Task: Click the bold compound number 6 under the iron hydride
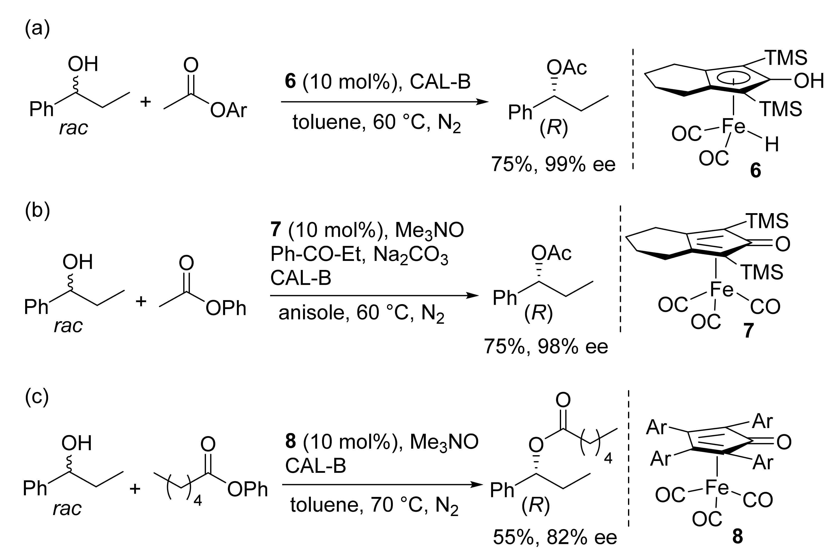click(x=755, y=171)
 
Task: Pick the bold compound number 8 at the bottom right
click(x=737, y=536)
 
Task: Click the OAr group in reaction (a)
click(x=228, y=110)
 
